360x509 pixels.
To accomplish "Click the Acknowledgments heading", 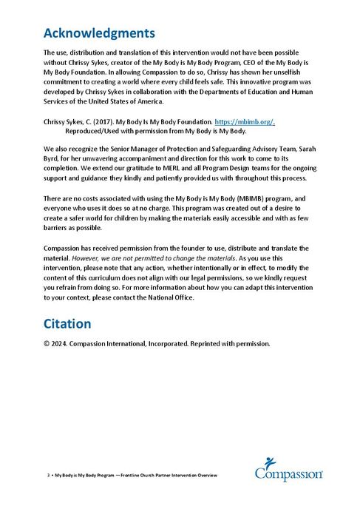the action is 99,33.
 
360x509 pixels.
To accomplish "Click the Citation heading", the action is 67,324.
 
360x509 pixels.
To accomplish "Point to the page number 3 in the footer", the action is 47,474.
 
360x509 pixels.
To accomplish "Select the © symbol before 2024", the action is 47,343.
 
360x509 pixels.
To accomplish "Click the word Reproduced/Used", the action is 92,130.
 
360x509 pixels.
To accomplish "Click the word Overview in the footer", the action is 205,474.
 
